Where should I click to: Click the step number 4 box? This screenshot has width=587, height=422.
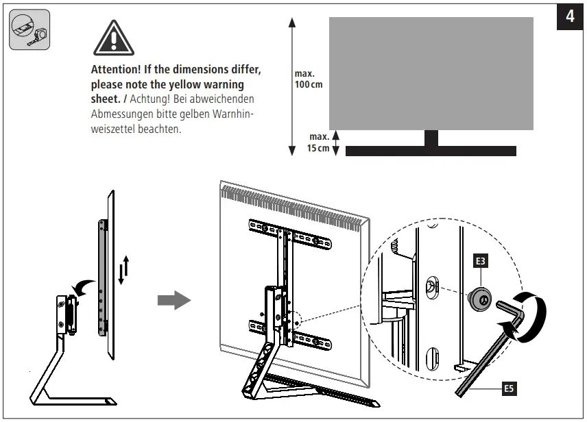[570, 16]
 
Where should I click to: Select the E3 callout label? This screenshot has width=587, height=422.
[481, 260]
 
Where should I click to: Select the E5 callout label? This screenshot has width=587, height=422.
[508, 389]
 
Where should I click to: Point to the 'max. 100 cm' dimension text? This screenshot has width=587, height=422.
[308, 79]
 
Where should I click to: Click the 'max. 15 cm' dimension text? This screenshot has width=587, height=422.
[318, 142]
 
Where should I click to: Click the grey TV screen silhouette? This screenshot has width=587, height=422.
[431, 73]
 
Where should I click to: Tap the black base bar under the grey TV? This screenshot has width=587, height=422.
[431, 151]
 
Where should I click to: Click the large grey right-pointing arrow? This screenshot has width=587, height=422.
[174, 300]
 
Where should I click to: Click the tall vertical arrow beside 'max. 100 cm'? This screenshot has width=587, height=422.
[292, 86]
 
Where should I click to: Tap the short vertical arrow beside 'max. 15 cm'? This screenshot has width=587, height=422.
[335, 142]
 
